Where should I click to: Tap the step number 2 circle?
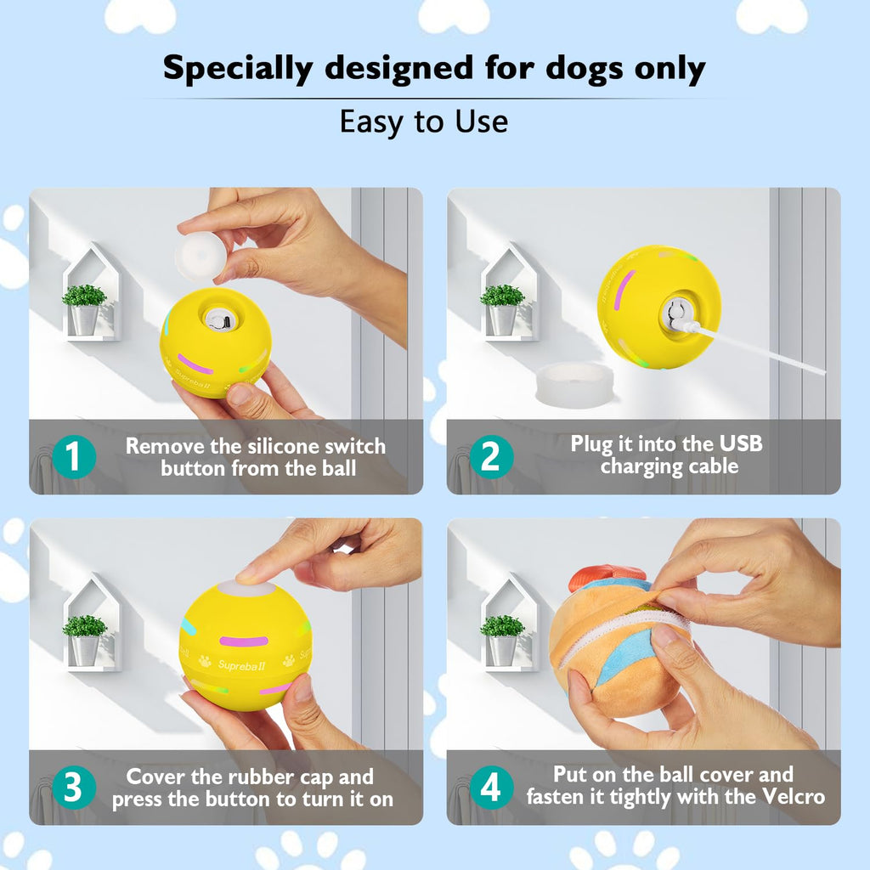tap(490, 457)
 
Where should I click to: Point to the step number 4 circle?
tap(490, 788)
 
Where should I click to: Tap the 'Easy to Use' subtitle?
tap(424, 121)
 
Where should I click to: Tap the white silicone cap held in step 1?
tap(201, 257)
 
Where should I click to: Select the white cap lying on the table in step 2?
tap(578, 382)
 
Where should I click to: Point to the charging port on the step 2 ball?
tap(677, 315)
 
